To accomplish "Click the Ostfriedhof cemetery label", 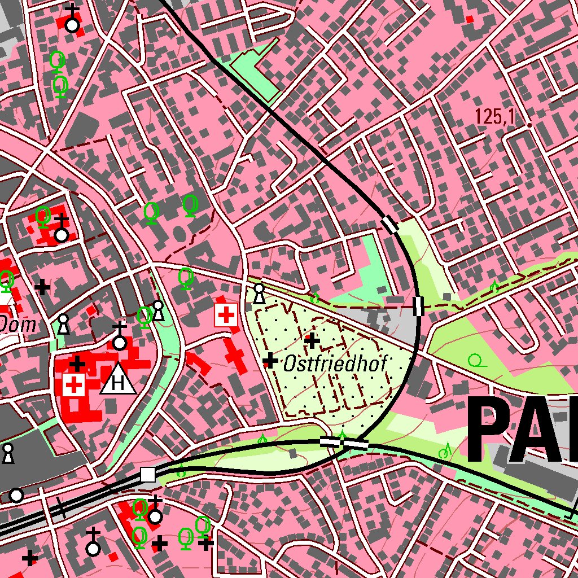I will [x=335, y=364].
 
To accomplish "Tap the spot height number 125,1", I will [x=496, y=117].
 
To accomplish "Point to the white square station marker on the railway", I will [x=148, y=474].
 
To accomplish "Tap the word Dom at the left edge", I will [x=18, y=325].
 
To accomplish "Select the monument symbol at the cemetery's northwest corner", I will [x=259, y=293].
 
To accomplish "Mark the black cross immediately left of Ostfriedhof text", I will [x=271, y=360].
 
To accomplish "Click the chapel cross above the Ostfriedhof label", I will [x=312, y=340].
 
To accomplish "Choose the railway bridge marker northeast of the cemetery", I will [x=418, y=305].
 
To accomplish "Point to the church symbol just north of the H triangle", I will [x=119, y=337].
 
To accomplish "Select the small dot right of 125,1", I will [x=529, y=124].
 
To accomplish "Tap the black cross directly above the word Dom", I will [x=42, y=287].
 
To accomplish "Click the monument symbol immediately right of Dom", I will [x=64, y=324].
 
